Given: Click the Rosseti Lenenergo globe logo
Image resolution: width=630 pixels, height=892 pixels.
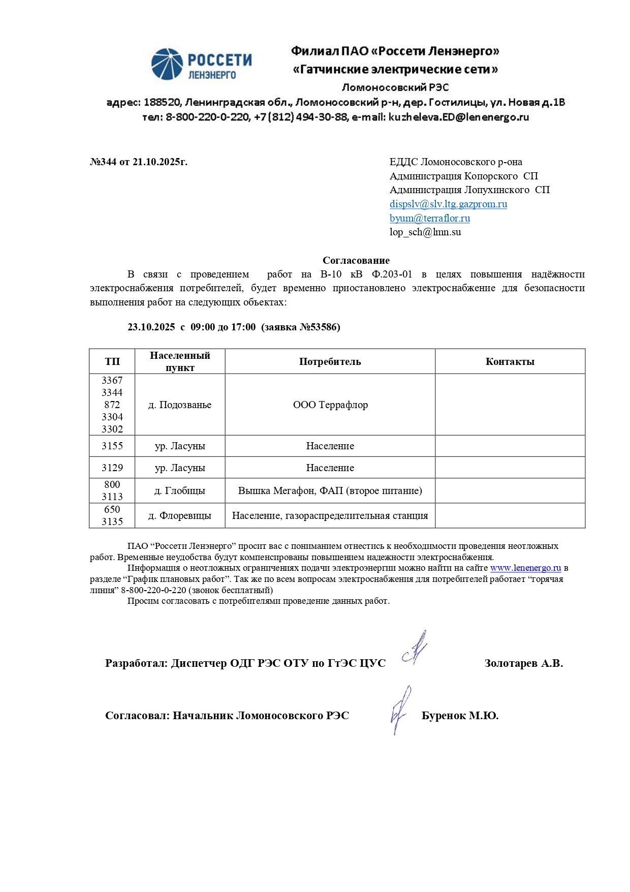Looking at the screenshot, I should pos(167,64).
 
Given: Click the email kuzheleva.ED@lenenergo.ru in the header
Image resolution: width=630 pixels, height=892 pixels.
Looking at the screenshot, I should pos(459,117).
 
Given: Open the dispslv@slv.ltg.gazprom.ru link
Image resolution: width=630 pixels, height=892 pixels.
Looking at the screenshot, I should pos(448,204).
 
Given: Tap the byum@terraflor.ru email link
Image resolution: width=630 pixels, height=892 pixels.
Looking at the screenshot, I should pos(429,219).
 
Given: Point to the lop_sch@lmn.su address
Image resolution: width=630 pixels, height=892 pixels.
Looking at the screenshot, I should pos(425,232).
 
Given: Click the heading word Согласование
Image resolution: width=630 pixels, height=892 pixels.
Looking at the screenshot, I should pos(356,261).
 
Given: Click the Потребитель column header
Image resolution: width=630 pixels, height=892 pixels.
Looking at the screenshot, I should pos(330,362).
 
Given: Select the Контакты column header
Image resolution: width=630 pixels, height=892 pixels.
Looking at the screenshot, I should pos(510,362).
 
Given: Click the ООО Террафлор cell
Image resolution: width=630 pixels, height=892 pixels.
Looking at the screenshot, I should pos(330,405).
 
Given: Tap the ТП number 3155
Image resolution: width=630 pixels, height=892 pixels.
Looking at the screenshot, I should pos(112,446).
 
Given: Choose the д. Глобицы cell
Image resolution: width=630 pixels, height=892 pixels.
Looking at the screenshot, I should pos(180,491).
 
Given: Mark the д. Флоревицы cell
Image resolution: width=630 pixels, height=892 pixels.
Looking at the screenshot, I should pos(180,516).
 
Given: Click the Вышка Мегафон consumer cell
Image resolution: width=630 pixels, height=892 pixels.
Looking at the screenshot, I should pos(330,491).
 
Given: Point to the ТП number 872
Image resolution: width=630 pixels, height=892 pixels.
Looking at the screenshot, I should pos(112,405).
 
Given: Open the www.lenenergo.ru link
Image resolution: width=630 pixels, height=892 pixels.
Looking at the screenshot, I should pos(525,568).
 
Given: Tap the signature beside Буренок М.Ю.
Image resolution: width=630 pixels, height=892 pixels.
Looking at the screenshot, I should pos(400,710).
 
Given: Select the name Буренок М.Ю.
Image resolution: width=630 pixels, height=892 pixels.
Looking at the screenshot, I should pos(460,716).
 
